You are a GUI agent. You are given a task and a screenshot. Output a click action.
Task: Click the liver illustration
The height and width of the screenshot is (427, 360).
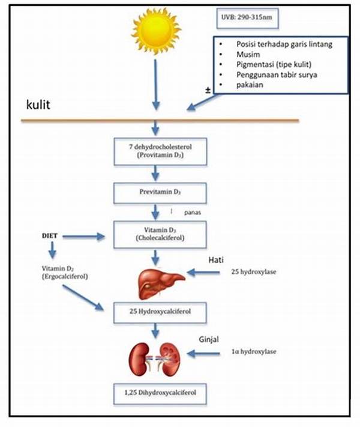(157, 279)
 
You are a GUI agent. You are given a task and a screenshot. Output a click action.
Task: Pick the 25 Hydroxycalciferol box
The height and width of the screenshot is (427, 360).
(157, 312)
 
